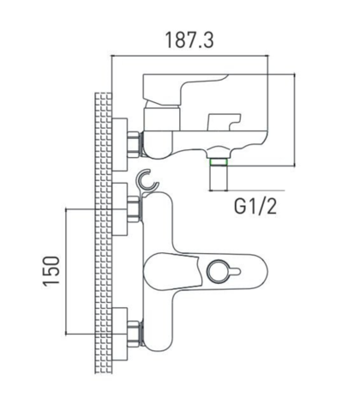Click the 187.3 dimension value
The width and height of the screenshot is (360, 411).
pyautogui.click(x=189, y=40)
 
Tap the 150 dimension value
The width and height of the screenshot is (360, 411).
pyautogui.click(x=51, y=271)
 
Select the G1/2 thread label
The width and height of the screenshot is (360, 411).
pyautogui.click(x=255, y=206)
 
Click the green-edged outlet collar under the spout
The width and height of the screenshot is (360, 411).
pyautogui.click(x=219, y=162)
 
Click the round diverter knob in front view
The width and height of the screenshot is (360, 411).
pyautogui.click(x=218, y=271)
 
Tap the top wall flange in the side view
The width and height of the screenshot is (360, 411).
pyautogui.click(x=119, y=144)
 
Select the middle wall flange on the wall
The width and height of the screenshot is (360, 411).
pyautogui.click(x=119, y=209)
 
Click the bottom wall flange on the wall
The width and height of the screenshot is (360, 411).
pyautogui.click(x=119, y=334)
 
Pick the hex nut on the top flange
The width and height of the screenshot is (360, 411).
pyautogui.click(x=135, y=144)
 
